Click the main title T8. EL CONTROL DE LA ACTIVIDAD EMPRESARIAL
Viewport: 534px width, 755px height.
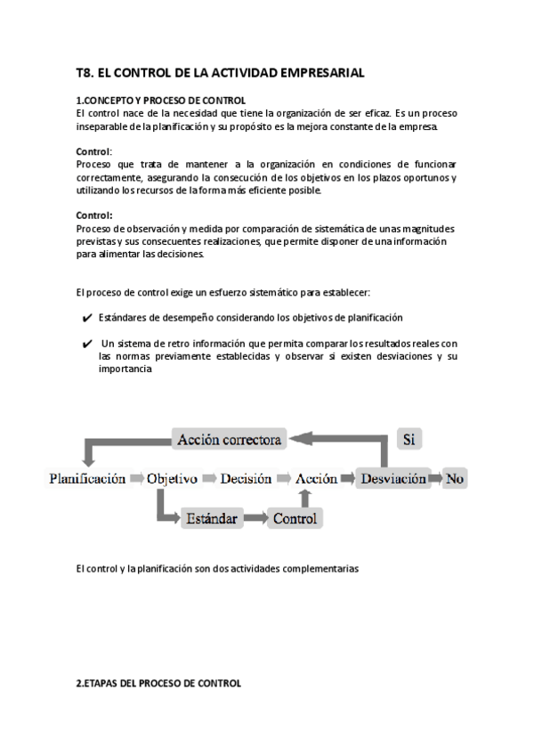tap(220, 73)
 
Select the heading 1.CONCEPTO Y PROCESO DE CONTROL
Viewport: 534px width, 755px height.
tap(160, 101)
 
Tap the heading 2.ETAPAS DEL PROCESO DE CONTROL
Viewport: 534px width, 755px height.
tap(158, 684)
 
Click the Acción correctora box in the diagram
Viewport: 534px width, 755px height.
tap(230, 439)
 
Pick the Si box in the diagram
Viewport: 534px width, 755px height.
tap(409, 439)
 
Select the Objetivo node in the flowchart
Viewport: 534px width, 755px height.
tap(172, 478)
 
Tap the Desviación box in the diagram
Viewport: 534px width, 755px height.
tap(392, 478)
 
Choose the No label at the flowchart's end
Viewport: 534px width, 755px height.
tap(456, 478)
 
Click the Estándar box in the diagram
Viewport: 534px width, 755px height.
tap(210, 517)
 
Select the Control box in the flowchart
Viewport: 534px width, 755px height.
tap(295, 517)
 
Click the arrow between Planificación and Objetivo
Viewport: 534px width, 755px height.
tap(136, 478)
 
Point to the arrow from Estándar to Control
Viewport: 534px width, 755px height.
tap(255, 517)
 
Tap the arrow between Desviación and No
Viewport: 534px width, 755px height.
tap(436, 478)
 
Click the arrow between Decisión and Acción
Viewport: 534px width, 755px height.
tap(284, 478)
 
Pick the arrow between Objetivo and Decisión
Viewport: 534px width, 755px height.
tap(209, 478)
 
